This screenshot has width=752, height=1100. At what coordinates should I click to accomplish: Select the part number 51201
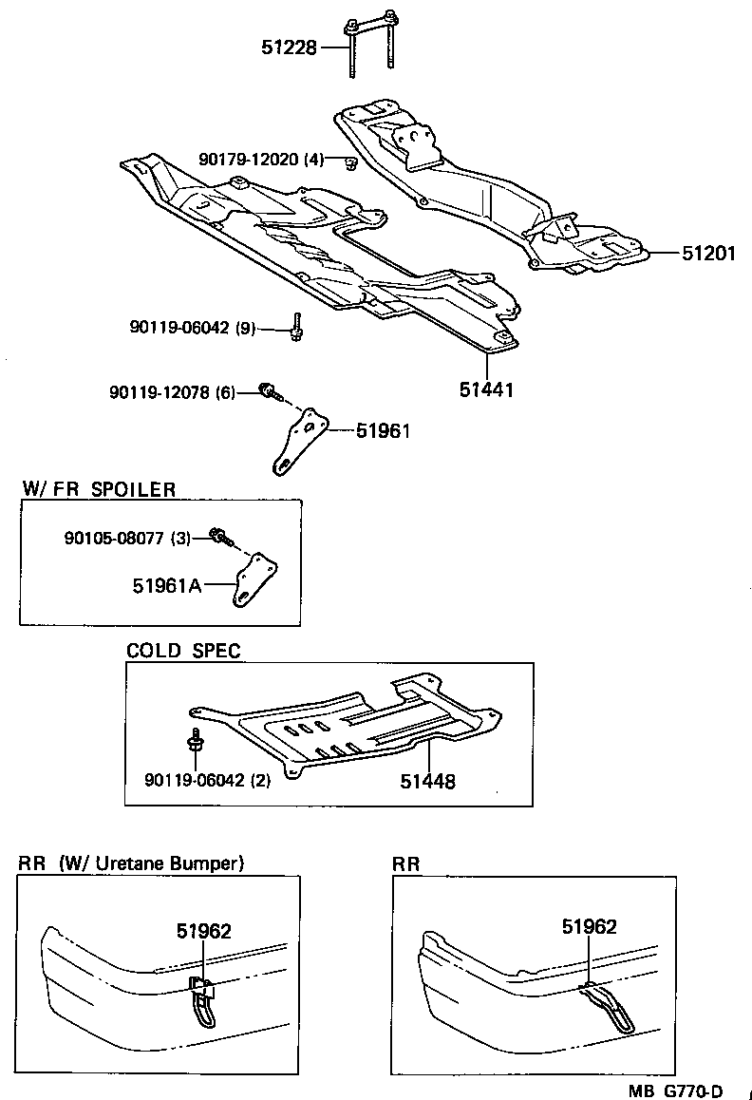point(707,254)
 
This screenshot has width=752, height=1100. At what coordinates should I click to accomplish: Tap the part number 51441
point(484,389)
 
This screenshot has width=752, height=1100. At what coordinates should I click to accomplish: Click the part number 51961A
point(167,586)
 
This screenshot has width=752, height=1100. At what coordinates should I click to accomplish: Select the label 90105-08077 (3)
point(127,538)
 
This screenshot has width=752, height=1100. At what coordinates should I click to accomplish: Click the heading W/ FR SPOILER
point(99,489)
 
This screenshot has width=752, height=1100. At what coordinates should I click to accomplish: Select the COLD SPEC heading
point(183,651)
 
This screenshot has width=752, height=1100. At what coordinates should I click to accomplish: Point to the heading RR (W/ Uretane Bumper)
point(131,863)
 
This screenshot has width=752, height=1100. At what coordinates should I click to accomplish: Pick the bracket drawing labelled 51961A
point(254,580)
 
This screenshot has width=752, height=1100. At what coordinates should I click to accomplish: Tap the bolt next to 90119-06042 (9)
point(296,327)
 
